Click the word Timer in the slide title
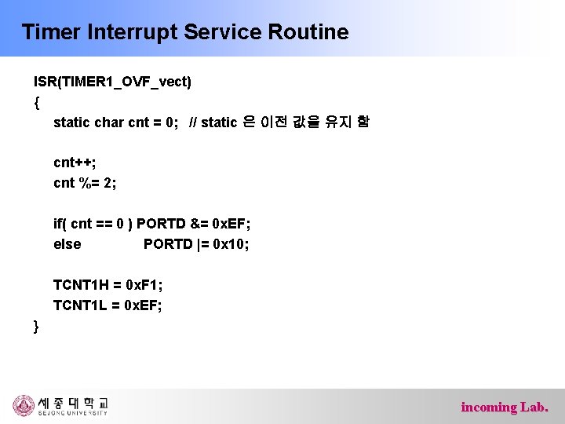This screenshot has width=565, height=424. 49,32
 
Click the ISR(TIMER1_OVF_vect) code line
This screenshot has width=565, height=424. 112,81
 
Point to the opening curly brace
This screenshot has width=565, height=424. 37,101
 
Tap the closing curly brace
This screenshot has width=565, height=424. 37,326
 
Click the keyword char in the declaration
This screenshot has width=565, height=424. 108,122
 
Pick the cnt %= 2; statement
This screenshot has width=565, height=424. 85,183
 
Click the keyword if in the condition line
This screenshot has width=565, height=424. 58,224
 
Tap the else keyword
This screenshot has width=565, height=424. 67,244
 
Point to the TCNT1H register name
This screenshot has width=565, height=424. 79,285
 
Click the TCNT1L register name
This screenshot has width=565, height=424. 78,305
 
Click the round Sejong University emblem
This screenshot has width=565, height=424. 24,405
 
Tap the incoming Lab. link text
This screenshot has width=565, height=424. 505,407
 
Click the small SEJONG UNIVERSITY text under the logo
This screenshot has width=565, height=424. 72,414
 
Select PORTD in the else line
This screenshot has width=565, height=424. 168,244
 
